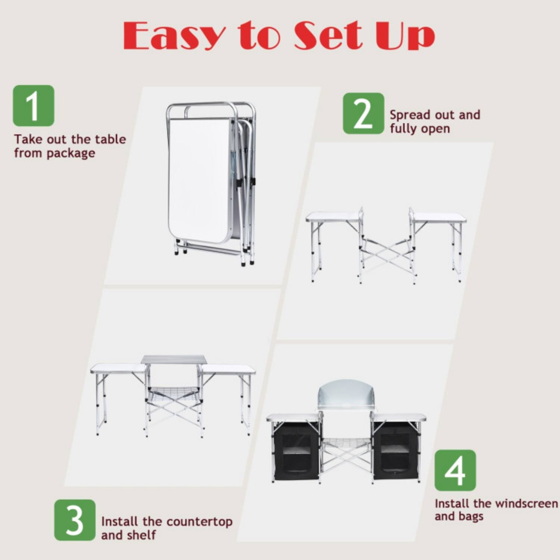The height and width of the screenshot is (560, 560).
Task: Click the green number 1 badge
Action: coord(34,106)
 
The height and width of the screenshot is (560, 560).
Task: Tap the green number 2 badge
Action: coord(363,113)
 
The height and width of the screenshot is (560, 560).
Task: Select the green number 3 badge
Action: coord(75,520)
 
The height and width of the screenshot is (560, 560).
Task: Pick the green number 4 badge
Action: coord(455,470)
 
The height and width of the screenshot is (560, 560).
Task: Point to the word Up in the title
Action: coord(405,36)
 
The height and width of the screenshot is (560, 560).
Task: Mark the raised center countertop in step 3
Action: coord(174,359)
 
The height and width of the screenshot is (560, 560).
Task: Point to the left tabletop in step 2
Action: coord(332,217)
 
